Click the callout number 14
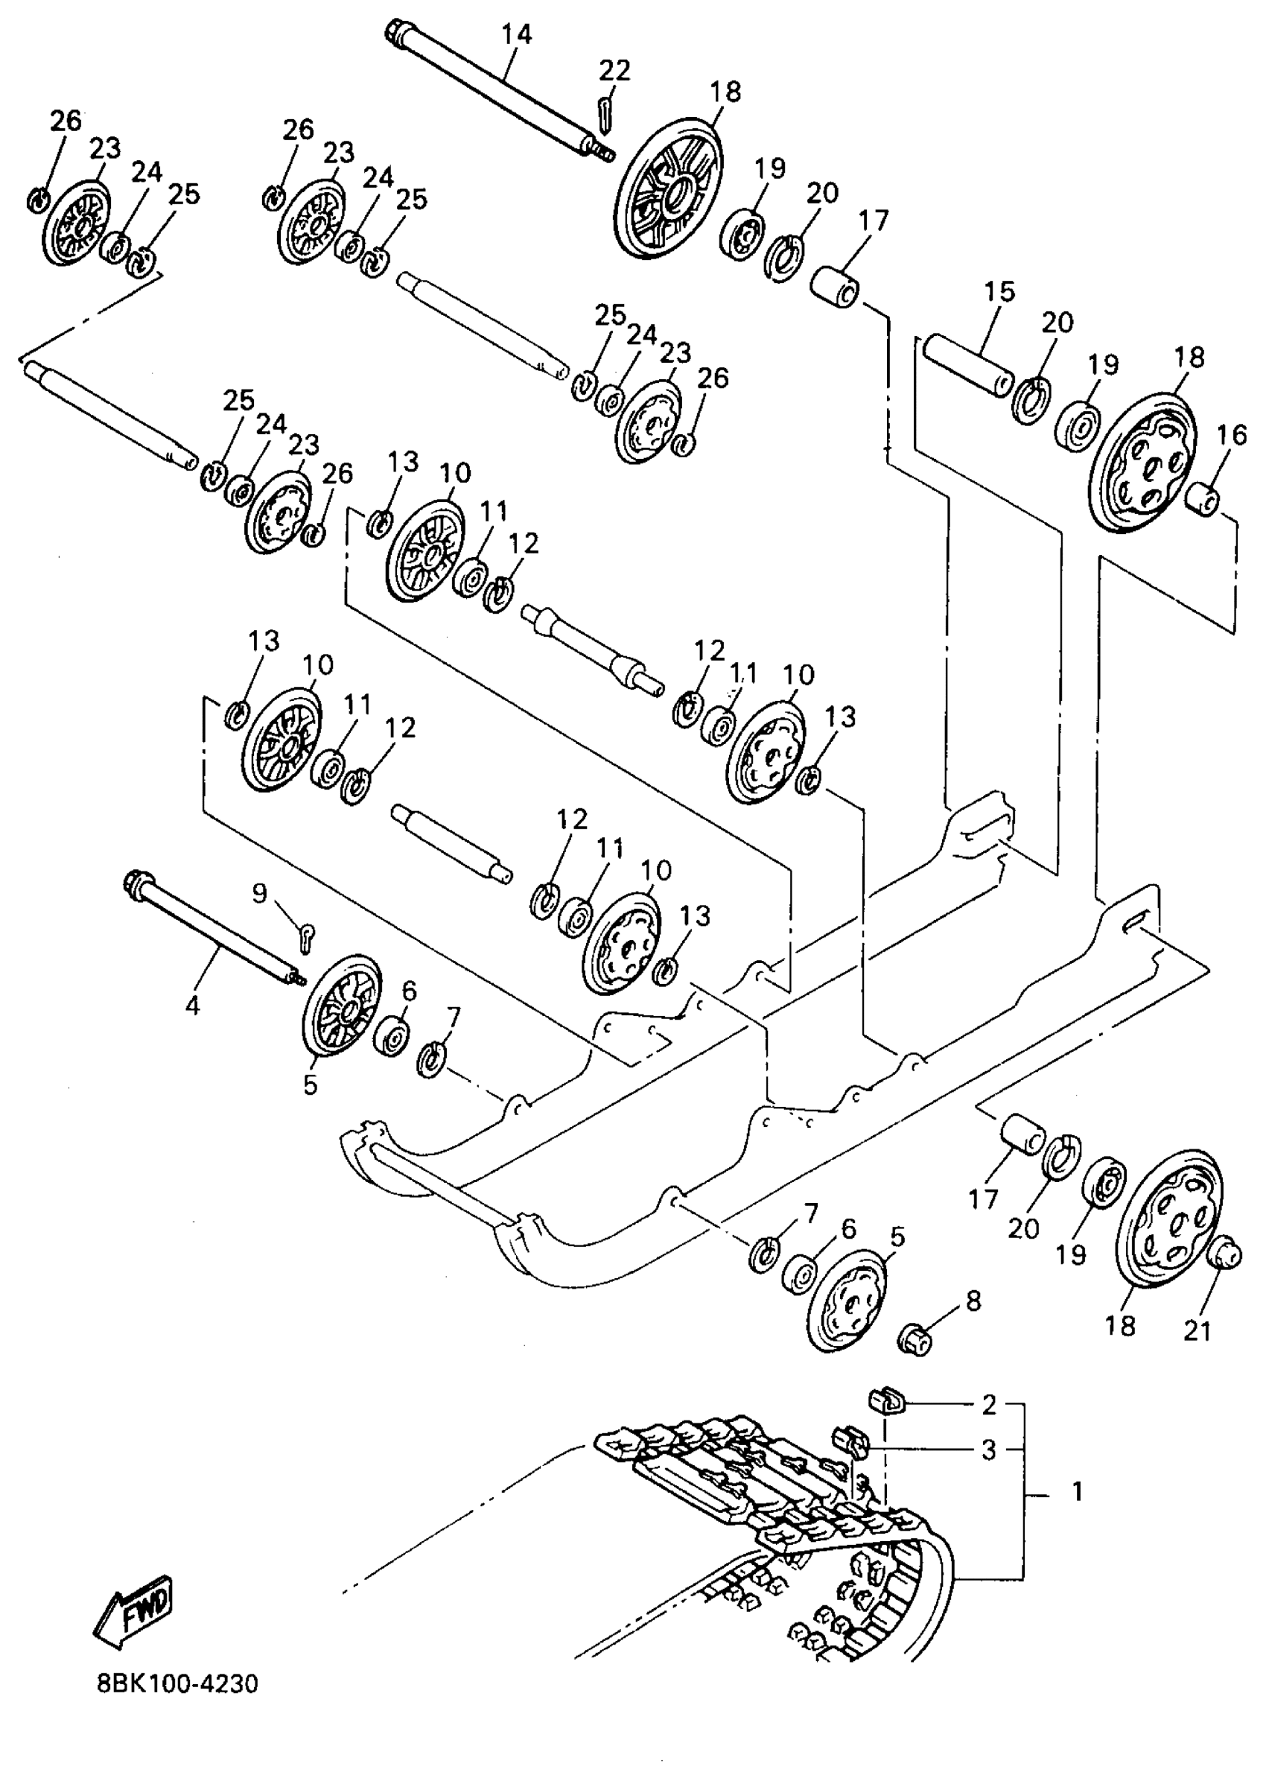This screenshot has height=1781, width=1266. pyautogui.click(x=516, y=35)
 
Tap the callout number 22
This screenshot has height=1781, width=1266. pyautogui.click(x=614, y=71)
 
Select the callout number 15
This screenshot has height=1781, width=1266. pyautogui.click(x=999, y=293)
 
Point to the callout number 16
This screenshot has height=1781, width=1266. pyautogui.click(x=1232, y=436)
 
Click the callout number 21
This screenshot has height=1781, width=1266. pyautogui.click(x=1197, y=1331)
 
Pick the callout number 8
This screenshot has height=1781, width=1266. pyautogui.click(x=973, y=1301)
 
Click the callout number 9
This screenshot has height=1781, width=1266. pyautogui.click(x=259, y=893)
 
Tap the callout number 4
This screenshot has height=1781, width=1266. pyautogui.click(x=193, y=1005)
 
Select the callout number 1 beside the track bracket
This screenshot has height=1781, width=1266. pyautogui.click(x=1078, y=1492)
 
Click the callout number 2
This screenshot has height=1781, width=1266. pyautogui.click(x=988, y=1405)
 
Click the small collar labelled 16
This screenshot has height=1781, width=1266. pyautogui.click(x=1201, y=498)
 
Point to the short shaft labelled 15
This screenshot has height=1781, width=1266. pyautogui.click(x=967, y=364)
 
